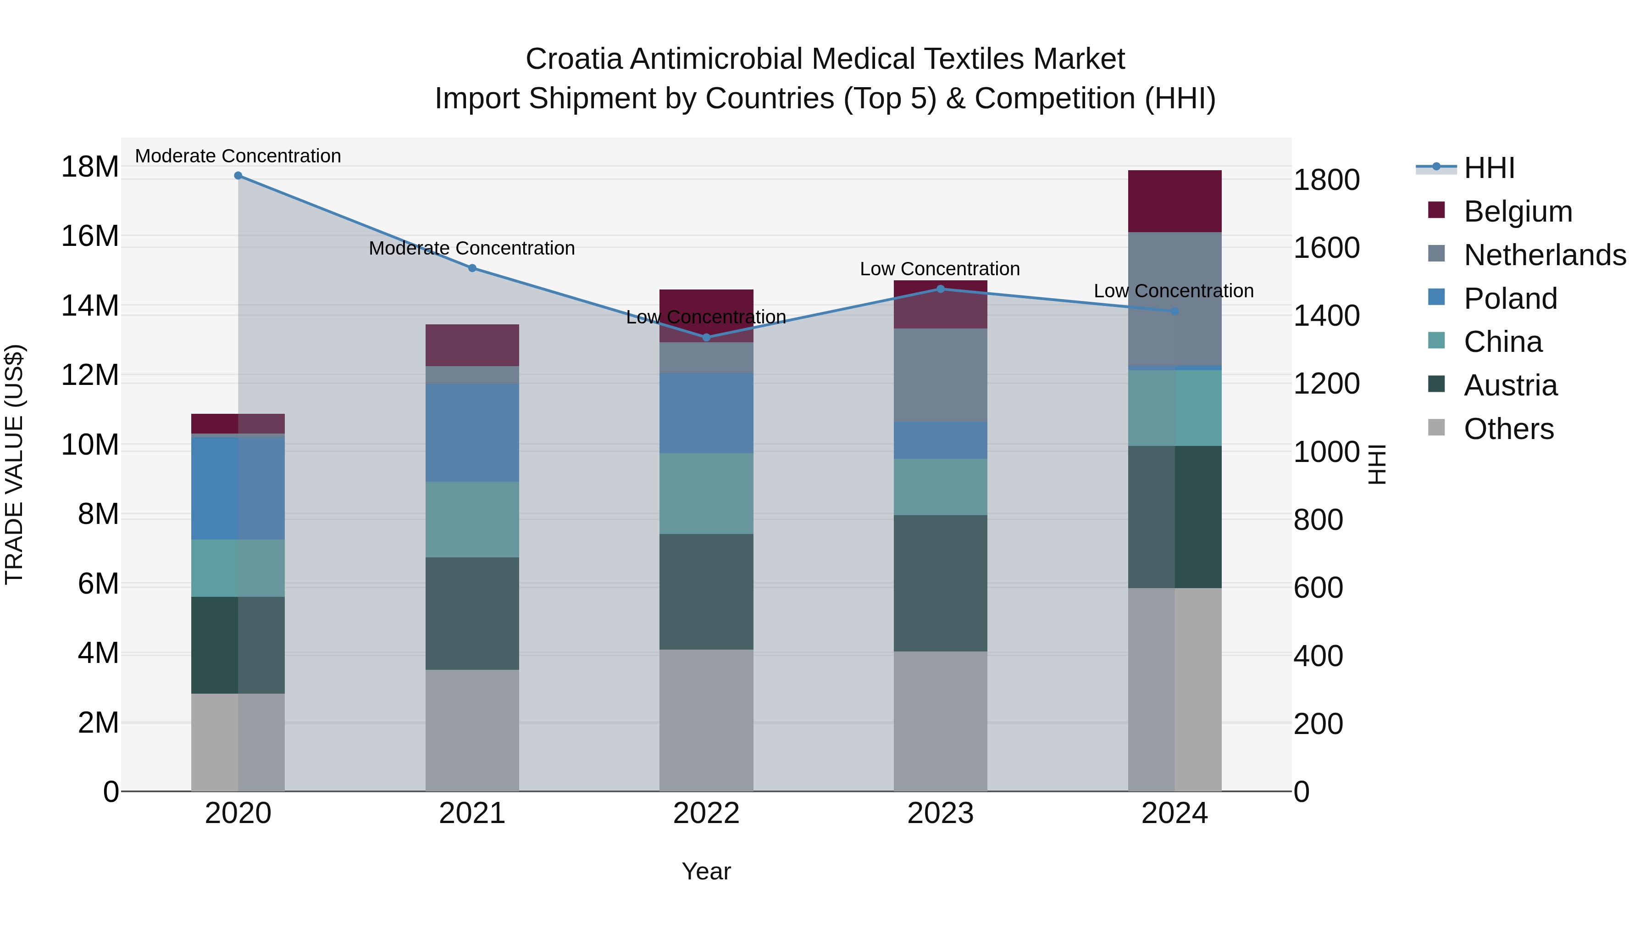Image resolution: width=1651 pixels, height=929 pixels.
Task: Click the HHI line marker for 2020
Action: click(x=238, y=176)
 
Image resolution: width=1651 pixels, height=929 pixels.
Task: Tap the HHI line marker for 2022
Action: click(x=706, y=337)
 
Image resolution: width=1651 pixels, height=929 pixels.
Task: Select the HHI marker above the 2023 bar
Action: click(x=940, y=289)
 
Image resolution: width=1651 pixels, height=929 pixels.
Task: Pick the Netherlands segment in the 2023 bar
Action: click(x=940, y=375)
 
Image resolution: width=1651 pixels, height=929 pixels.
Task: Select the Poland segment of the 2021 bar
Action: click(x=472, y=433)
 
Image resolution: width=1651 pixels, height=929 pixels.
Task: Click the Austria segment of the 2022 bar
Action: click(x=706, y=591)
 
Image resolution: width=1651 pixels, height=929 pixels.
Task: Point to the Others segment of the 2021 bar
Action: click(x=472, y=730)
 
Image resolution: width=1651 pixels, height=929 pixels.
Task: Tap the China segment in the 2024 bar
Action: click(x=1174, y=408)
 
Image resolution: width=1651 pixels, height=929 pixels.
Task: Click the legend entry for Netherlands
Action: click(x=1545, y=255)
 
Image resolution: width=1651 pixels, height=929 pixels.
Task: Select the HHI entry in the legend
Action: click(x=1489, y=168)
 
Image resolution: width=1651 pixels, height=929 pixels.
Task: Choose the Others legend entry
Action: click(x=1508, y=429)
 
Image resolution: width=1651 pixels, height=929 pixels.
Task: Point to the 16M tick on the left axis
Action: click(x=90, y=236)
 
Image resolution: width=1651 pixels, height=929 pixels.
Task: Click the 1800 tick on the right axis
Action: click(x=1326, y=180)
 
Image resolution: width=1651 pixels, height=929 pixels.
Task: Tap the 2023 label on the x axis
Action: click(x=940, y=813)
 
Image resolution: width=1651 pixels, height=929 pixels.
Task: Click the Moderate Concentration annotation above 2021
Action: click(x=472, y=248)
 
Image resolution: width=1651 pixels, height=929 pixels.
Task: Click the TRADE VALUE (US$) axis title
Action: click(x=14, y=464)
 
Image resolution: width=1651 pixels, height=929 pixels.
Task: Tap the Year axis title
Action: click(x=706, y=871)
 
